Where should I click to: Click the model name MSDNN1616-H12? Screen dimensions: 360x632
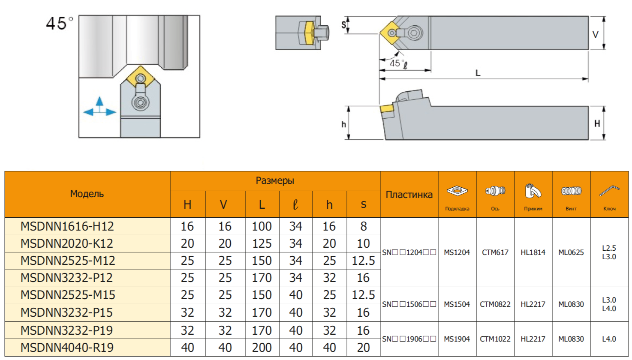67,226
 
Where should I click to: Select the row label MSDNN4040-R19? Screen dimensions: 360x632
67,348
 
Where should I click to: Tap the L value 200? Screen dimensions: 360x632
262,348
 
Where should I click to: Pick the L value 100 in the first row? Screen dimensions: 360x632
262,226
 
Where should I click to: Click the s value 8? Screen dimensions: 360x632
363,226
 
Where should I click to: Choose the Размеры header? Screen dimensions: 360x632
275,181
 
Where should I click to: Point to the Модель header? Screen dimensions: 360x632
87,194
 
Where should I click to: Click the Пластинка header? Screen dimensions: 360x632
409,195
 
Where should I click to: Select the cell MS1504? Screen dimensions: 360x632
457,304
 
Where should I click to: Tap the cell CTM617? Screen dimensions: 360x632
495,252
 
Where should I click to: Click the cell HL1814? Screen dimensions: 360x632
533,252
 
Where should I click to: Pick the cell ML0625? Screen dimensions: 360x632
571,252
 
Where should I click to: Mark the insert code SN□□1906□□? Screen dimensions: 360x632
409,339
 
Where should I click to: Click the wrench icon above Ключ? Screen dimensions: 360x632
609,191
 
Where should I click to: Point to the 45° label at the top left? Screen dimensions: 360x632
59,24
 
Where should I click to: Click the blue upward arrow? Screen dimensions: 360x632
99,102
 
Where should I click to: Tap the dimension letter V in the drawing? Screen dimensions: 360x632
595,35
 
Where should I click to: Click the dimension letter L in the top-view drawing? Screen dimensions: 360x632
478,73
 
